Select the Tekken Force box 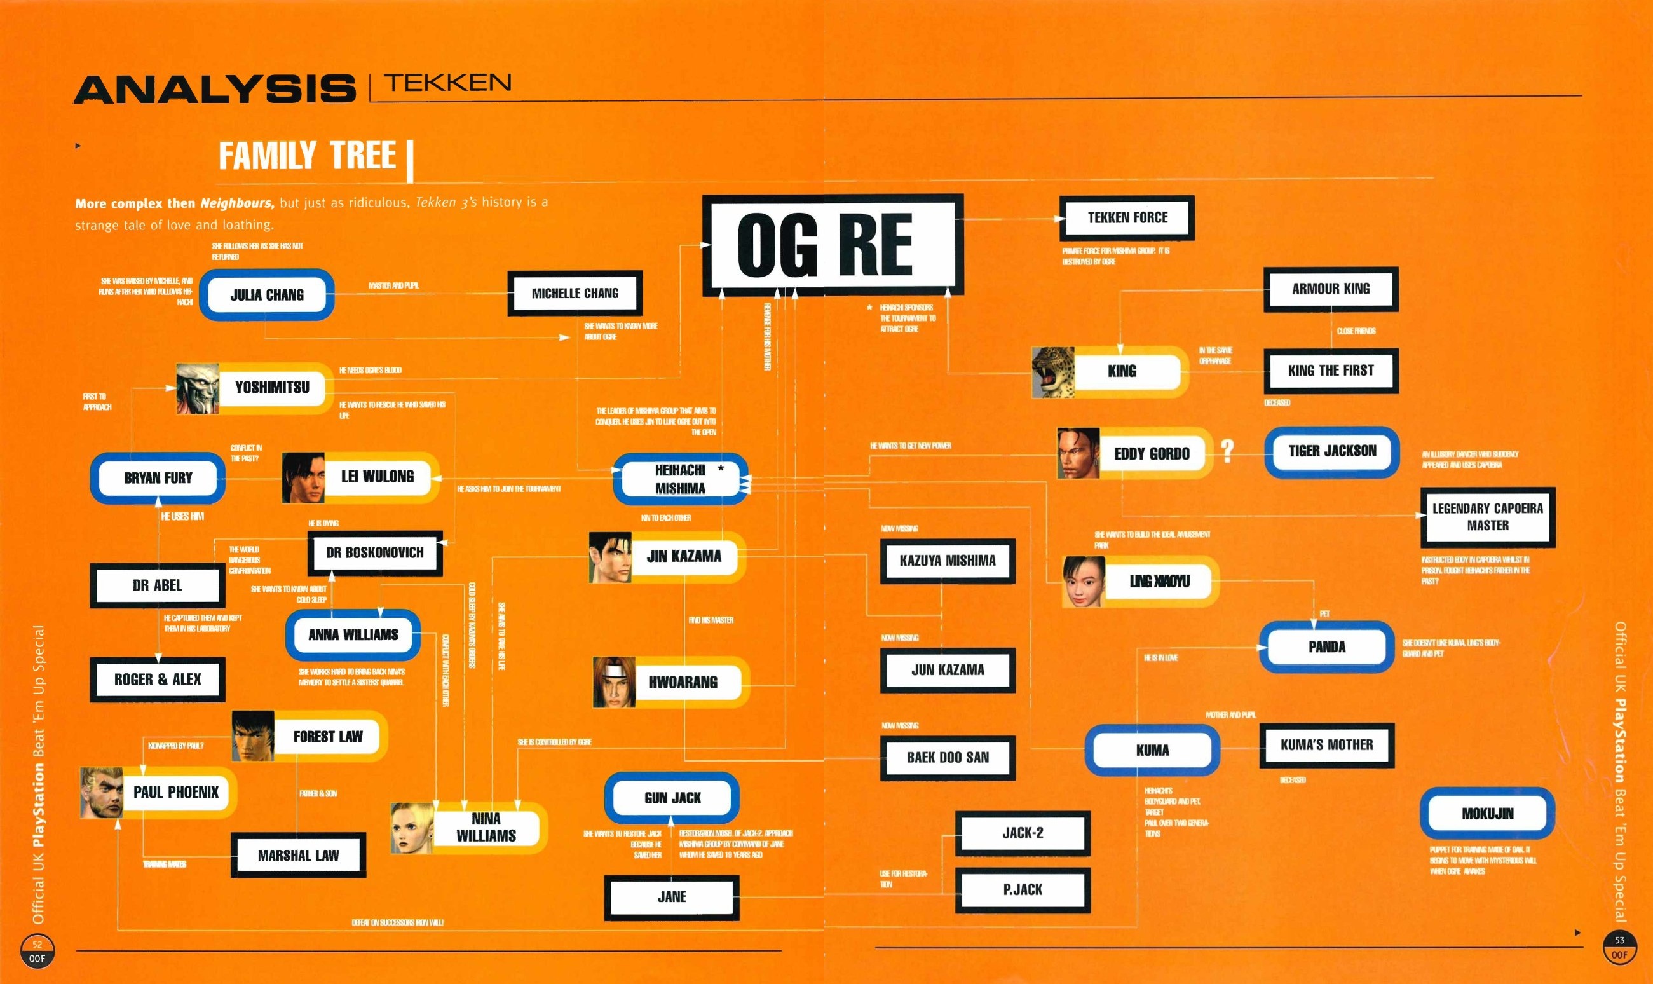point(1127,217)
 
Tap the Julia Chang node point(266,295)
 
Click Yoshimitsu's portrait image point(197,388)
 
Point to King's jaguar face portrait point(1052,372)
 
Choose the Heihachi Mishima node point(680,479)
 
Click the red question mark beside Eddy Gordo point(1227,451)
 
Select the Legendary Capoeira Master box point(1487,517)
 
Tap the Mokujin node point(1487,814)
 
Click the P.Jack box point(1022,890)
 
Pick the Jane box point(671,897)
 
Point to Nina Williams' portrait point(412,828)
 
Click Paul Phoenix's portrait point(102,793)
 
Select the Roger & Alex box point(158,680)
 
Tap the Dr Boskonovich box point(374,553)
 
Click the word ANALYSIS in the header point(215,90)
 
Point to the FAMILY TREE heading point(308,156)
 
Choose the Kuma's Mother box point(1326,745)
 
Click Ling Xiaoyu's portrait point(1083,582)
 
